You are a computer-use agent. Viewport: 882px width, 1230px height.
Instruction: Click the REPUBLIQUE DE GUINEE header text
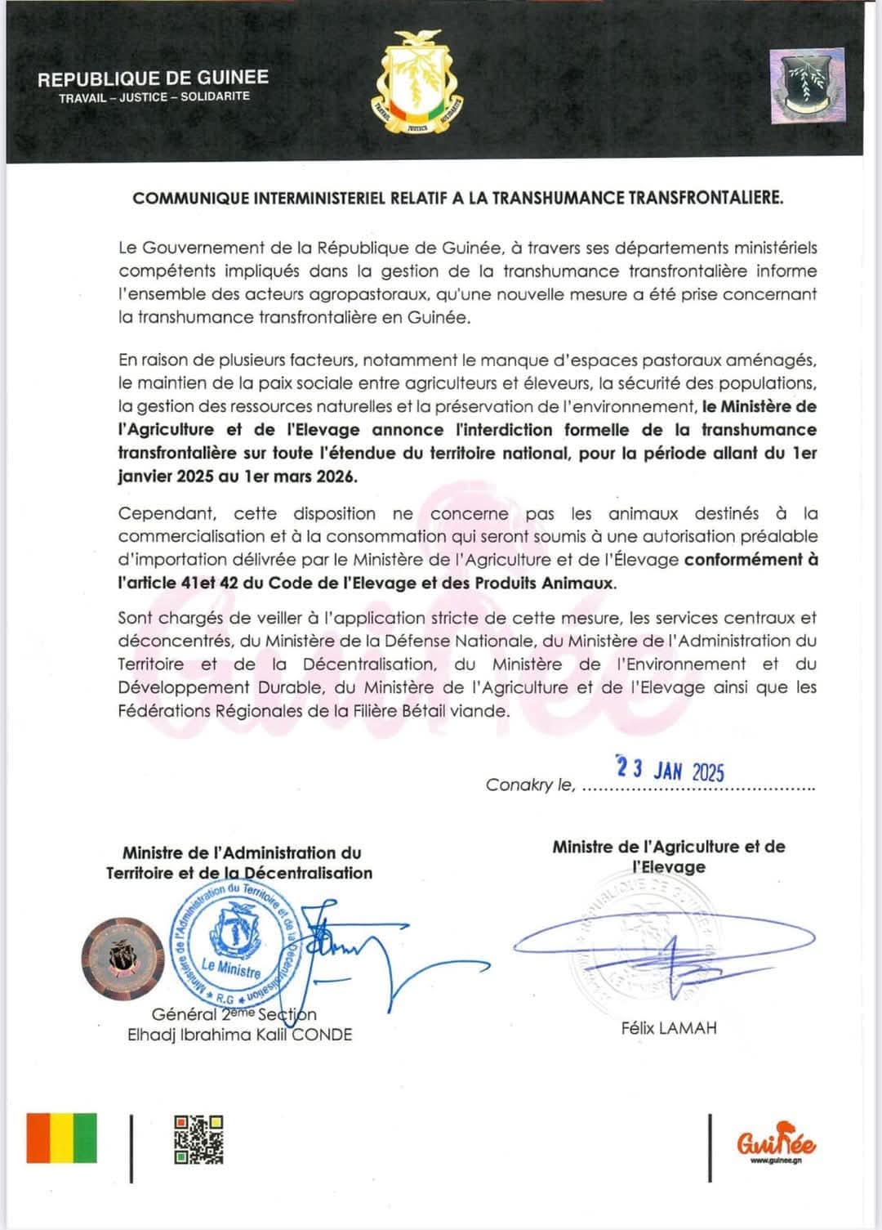point(153,78)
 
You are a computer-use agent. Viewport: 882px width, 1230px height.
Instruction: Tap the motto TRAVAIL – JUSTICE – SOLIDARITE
point(154,97)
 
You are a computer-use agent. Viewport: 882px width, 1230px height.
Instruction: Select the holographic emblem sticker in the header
point(808,86)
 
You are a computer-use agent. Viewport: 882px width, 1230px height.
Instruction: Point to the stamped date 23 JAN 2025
point(670,770)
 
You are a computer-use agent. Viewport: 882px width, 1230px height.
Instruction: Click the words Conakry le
point(530,785)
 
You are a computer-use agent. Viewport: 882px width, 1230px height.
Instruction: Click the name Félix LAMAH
point(669,1028)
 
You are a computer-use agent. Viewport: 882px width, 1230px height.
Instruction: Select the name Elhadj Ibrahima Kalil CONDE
point(239,1035)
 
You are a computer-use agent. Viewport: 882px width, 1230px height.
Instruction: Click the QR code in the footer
point(198,1139)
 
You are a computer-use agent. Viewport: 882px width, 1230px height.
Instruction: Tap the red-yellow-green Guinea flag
point(62,1138)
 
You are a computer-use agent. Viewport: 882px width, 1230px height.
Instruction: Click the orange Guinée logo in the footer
point(776,1142)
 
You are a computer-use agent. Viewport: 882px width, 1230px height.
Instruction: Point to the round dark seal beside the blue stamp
point(122,957)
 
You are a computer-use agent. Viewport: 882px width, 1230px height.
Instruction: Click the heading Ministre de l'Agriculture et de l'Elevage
point(669,857)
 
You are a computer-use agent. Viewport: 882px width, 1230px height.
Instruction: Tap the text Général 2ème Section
point(234,1014)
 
